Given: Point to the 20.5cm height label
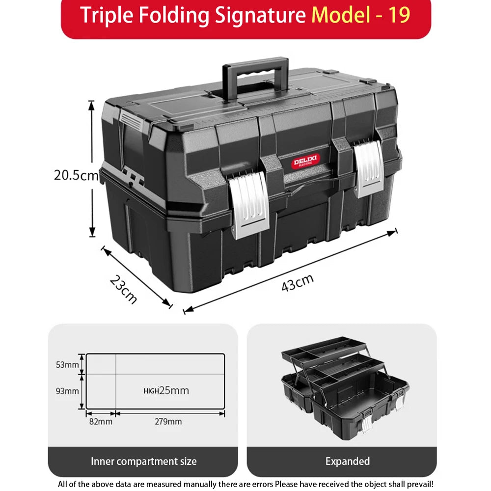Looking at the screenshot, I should coord(77,175).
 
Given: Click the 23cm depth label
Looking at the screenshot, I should coord(123,289).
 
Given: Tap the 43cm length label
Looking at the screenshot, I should coord(298,283).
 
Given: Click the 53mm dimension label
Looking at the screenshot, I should coord(67,364).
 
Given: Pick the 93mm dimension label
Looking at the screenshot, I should coord(67,391).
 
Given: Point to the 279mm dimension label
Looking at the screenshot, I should coord(168,421).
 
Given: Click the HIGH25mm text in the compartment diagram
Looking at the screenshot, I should coord(166,391).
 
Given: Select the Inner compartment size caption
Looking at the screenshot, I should coord(143,461).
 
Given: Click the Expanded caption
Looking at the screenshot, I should coord(348,461).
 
